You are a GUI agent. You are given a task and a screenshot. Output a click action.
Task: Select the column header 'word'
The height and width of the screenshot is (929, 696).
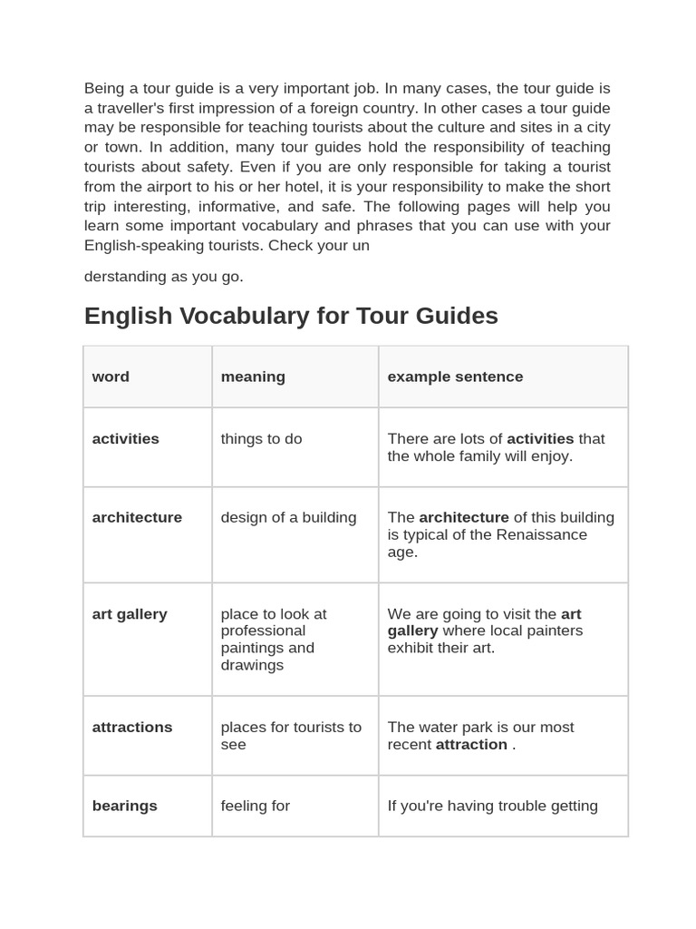pyautogui.click(x=111, y=376)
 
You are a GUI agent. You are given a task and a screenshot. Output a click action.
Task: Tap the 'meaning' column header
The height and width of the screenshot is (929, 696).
pyautogui.click(x=253, y=376)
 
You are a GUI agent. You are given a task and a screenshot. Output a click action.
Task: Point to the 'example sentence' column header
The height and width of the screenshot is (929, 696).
pyautogui.click(x=455, y=376)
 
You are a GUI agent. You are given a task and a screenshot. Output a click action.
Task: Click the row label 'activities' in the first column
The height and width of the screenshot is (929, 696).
pyautogui.click(x=125, y=439)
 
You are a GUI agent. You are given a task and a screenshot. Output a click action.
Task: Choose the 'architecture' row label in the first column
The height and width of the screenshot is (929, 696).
pyautogui.click(x=137, y=517)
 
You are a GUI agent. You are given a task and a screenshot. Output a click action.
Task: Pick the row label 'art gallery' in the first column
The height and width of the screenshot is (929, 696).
pyautogui.click(x=130, y=614)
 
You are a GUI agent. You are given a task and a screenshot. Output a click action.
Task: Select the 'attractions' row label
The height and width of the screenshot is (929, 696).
pyautogui.click(x=132, y=728)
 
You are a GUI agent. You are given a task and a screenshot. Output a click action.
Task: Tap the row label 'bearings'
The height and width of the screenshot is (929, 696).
pyautogui.click(x=124, y=806)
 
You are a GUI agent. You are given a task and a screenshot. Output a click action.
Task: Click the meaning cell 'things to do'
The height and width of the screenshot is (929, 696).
pyautogui.click(x=261, y=439)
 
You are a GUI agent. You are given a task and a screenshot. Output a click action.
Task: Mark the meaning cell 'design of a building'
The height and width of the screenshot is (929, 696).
pyautogui.click(x=288, y=517)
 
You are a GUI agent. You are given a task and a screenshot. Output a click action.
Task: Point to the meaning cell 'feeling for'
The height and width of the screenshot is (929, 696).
pyautogui.click(x=255, y=806)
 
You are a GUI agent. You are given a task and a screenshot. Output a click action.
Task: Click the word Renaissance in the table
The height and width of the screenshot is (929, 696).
pyautogui.click(x=521, y=534)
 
